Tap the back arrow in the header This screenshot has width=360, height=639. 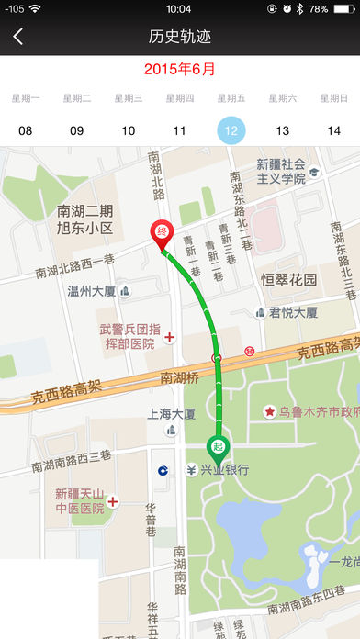pos(18,37)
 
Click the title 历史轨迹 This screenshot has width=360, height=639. pos(180,37)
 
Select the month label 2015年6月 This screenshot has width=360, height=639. pos(180,69)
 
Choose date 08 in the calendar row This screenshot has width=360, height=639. pos(26,130)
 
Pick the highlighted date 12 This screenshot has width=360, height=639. pos(231,130)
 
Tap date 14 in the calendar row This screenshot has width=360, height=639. pos(334,130)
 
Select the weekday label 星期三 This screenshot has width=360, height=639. pos(129,98)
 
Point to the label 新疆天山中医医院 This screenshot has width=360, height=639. pos(78,500)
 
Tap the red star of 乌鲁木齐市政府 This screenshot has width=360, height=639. pos(270,411)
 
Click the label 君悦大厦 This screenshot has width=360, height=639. pos(293,312)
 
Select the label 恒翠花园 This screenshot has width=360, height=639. pos(288,279)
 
